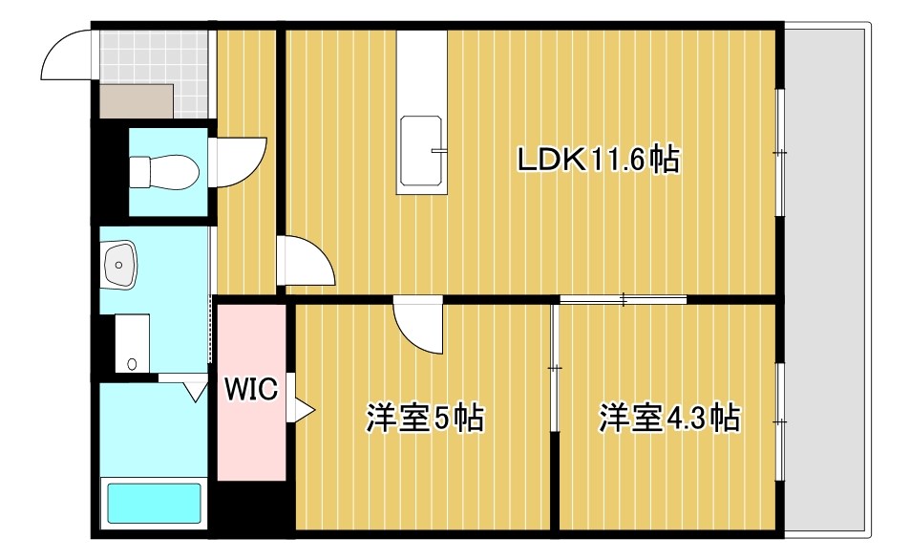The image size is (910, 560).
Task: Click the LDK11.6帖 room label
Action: click(598, 160)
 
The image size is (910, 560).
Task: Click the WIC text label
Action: click(251, 389)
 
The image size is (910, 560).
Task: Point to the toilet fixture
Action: click(163, 172)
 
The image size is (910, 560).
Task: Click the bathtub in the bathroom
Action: click(154, 504)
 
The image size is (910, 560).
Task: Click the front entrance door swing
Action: click(66, 56)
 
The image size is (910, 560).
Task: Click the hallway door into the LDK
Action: click(305, 260)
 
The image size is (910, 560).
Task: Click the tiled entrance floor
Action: click(154, 56)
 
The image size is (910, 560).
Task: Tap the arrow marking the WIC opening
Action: click(303, 409)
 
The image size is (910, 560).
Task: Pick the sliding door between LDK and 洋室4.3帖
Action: click(623, 300)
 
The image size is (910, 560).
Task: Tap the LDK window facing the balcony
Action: click(780, 153)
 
